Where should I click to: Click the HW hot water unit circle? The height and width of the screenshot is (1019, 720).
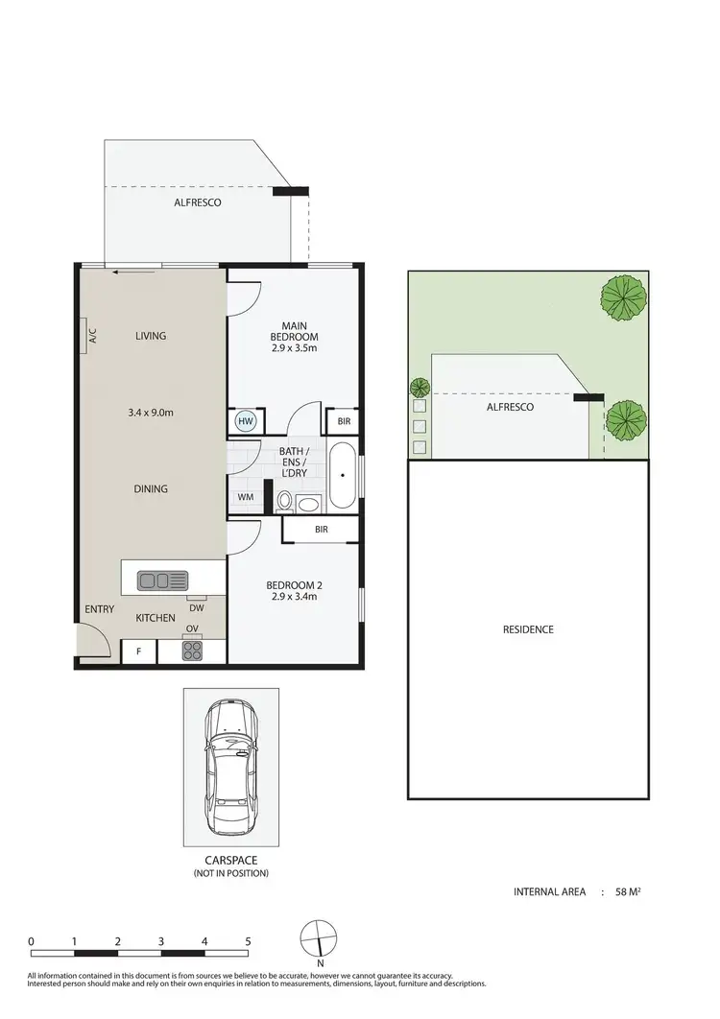(x=246, y=420)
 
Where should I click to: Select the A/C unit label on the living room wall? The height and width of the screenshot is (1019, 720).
(x=93, y=336)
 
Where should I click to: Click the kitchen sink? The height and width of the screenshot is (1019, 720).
(x=165, y=580)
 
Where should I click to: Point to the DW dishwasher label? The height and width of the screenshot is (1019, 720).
(x=196, y=607)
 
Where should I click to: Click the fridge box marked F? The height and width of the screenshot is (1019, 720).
(x=138, y=652)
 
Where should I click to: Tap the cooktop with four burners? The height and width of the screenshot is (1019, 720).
(x=192, y=652)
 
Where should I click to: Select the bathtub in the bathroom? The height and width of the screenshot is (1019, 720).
(x=341, y=476)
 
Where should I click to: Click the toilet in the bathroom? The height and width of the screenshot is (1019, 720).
(x=284, y=501)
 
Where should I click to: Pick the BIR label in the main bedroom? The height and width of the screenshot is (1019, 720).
(x=343, y=421)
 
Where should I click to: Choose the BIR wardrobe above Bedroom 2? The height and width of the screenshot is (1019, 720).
(x=321, y=529)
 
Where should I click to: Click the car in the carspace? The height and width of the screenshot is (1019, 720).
(x=231, y=766)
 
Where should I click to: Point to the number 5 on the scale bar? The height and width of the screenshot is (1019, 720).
(x=248, y=941)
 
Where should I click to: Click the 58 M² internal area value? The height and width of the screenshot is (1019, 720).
(x=628, y=891)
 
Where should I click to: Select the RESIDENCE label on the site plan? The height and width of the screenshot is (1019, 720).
(x=528, y=629)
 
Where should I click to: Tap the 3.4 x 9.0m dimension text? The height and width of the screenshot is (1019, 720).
(x=151, y=413)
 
